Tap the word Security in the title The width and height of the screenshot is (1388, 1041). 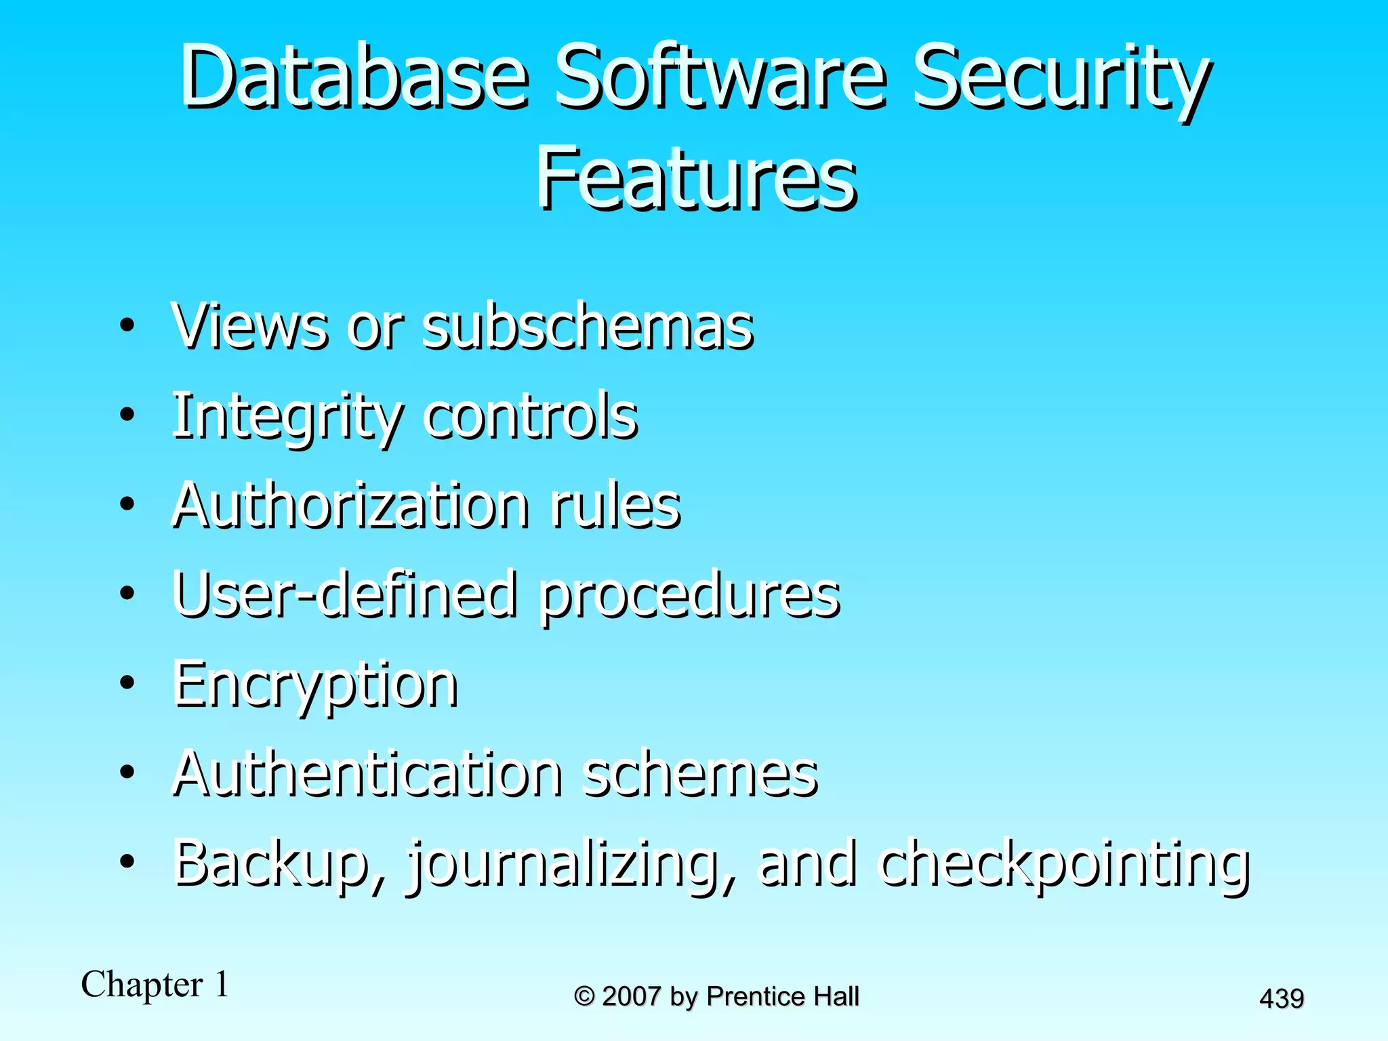coord(1061,78)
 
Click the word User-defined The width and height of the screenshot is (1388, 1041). coord(346,594)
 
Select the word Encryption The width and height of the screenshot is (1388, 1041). coord(315,685)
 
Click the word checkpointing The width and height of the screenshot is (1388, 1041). coord(1064,864)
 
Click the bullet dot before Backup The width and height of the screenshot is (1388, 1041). coord(127,861)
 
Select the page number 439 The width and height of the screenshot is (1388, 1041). coord(1282,998)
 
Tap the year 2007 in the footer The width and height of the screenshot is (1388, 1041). coord(631,996)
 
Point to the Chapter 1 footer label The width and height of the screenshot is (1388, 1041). coord(155,984)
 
